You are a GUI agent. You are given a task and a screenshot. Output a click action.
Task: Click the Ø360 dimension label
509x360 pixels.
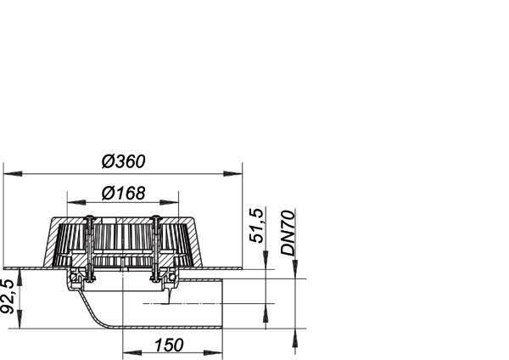pos(123,161)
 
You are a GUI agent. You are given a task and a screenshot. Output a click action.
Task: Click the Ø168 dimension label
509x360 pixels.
pos(123,193)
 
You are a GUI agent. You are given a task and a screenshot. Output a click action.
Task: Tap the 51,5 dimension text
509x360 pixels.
pos(256,225)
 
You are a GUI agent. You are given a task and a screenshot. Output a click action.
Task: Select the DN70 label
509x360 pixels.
pos(288,233)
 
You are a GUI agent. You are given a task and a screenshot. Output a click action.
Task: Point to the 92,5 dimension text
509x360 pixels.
pos(8,296)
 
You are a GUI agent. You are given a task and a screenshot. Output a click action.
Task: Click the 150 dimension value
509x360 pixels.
pos(169,345)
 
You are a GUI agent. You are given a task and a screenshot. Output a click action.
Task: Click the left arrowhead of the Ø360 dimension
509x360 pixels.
pos(13,174)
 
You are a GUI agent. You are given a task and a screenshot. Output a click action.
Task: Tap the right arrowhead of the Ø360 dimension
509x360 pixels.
pos(232,174)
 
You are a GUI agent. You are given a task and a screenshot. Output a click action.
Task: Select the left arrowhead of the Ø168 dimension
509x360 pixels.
pos(76,202)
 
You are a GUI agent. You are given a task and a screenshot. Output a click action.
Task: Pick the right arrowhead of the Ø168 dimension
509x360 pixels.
pos(169,202)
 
